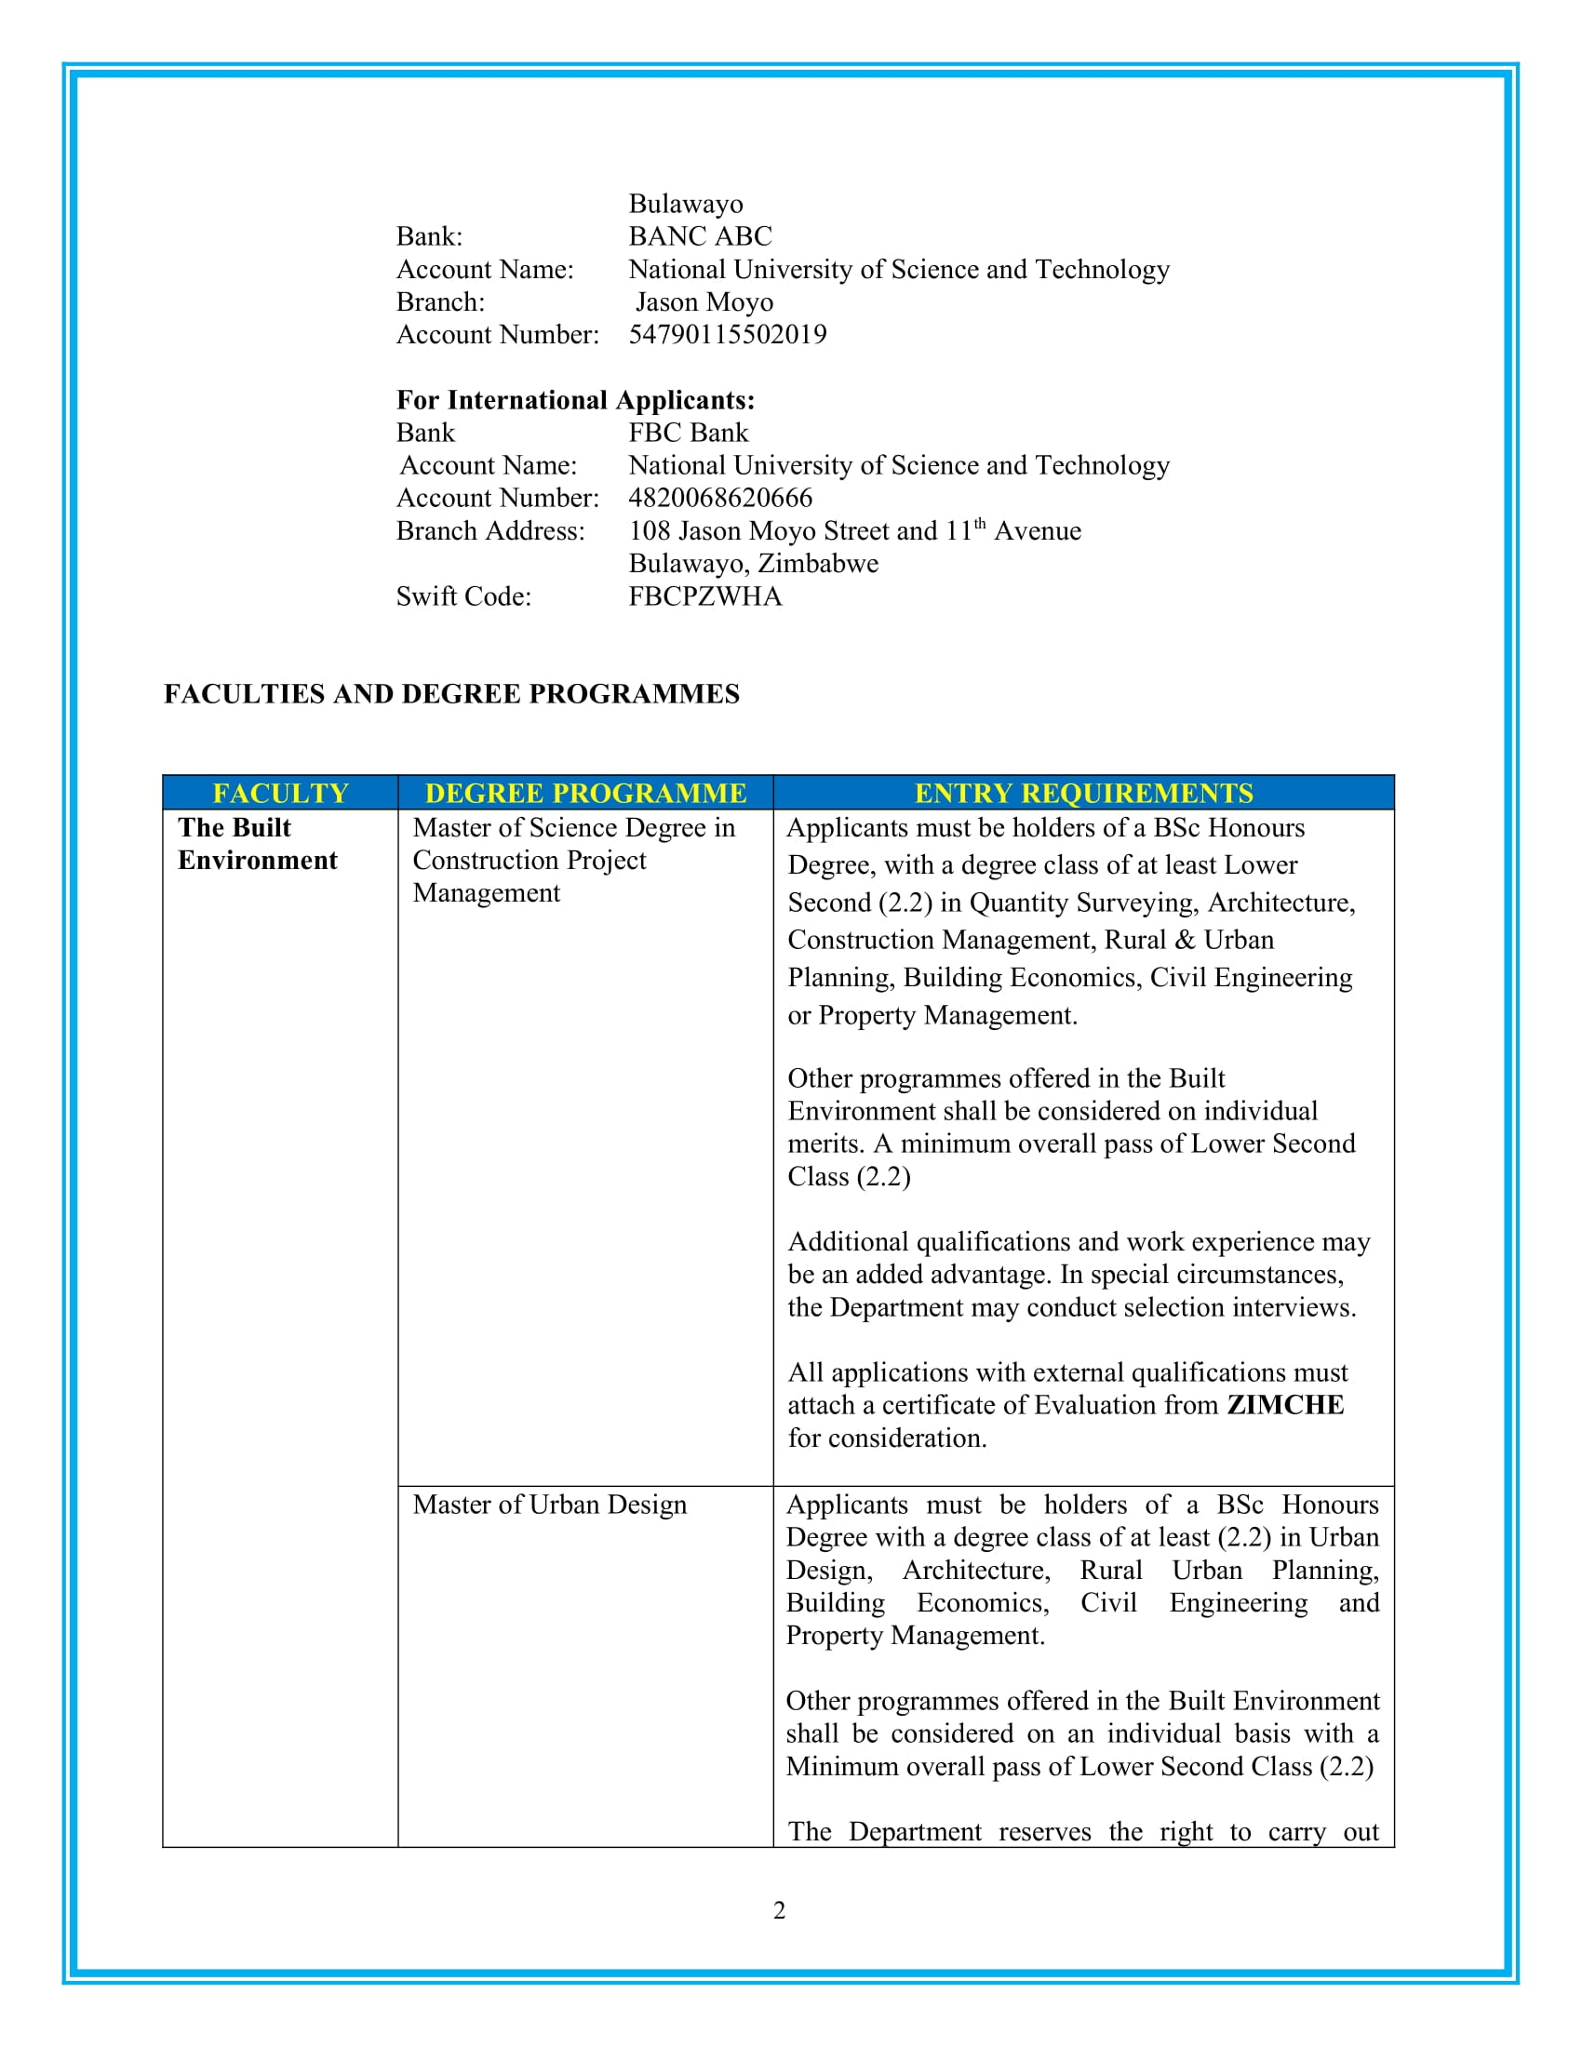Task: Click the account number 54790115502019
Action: [728, 335]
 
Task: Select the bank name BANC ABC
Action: [700, 236]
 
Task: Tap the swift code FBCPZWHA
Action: [704, 596]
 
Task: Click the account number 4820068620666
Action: [719, 498]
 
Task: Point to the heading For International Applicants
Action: [575, 400]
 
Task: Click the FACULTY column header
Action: [280, 793]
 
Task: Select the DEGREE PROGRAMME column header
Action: [585, 793]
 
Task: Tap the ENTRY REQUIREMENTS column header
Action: [1083, 793]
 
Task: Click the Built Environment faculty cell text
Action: [257, 844]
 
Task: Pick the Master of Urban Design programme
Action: [549, 1505]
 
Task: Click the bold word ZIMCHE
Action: [1285, 1405]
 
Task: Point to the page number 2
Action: [780, 1910]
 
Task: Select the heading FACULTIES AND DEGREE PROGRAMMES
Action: [451, 693]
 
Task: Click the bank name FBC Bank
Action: [688, 433]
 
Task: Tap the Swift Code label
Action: [463, 596]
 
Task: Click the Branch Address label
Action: [490, 531]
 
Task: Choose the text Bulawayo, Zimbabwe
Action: [754, 563]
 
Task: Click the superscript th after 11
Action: [979, 524]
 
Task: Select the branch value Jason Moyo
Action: [704, 301]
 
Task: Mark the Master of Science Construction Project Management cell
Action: [573, 861]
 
